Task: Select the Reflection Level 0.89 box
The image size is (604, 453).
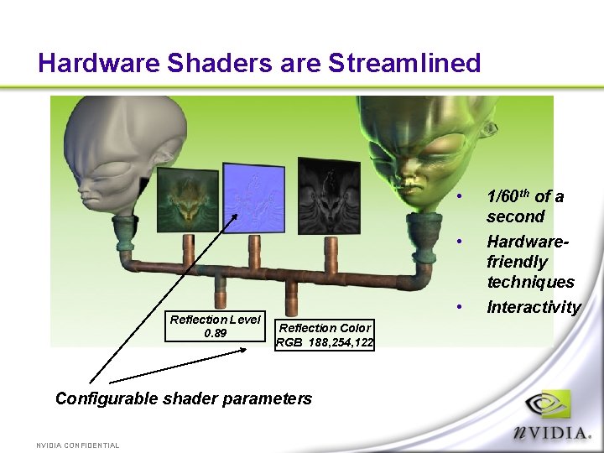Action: coord(216,326)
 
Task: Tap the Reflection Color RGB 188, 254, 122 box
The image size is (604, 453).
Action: coord(325,335)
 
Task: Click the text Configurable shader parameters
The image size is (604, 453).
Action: coord(183,398)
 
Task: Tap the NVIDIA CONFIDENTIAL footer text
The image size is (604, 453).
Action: coord(78,445)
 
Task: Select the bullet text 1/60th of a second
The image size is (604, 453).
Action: coord(524,206)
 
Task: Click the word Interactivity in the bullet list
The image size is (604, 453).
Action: coord(534,307)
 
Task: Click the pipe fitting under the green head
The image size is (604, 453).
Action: coord(424,226)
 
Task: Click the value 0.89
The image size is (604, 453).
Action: coord(216,333)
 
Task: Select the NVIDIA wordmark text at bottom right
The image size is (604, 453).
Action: coord(553,433)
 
